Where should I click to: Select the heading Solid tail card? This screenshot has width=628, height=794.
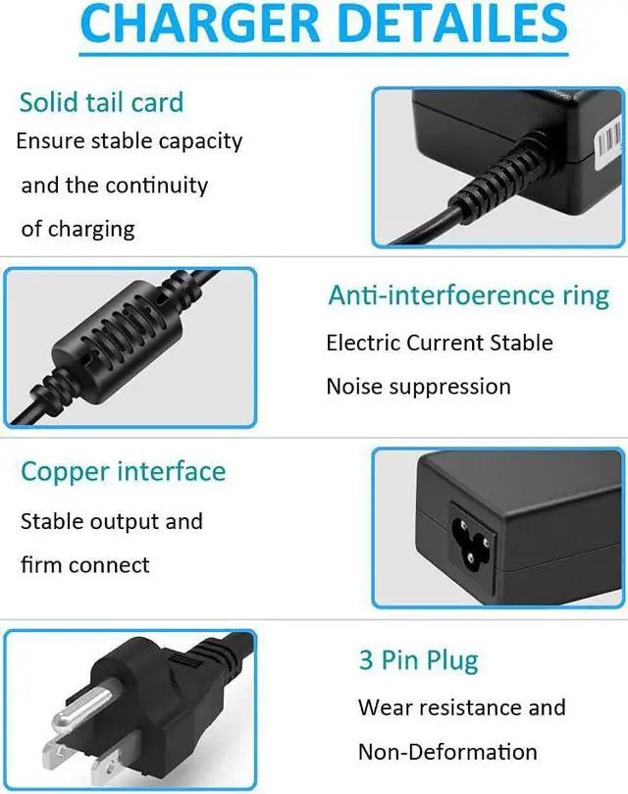(x=101, y=102)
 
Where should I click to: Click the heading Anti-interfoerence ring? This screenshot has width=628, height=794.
(x=468, y=295)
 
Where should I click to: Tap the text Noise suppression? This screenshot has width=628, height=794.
(x=418, y=387)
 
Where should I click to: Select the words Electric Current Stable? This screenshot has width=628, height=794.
(x=439, y=344)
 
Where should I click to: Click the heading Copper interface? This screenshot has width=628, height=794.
(x=123, y=471)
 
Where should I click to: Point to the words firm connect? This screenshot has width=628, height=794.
(x=85, y=565)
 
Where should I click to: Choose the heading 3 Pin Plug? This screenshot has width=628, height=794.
(x=418, y=660)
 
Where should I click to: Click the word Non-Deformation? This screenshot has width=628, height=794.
(x=446, y=753)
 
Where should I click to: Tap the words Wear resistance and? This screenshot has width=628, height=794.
(x=461, y=708)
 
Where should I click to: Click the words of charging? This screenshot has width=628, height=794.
(x=78, y=230)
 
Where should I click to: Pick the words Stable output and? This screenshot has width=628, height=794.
(x=111, y=521)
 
